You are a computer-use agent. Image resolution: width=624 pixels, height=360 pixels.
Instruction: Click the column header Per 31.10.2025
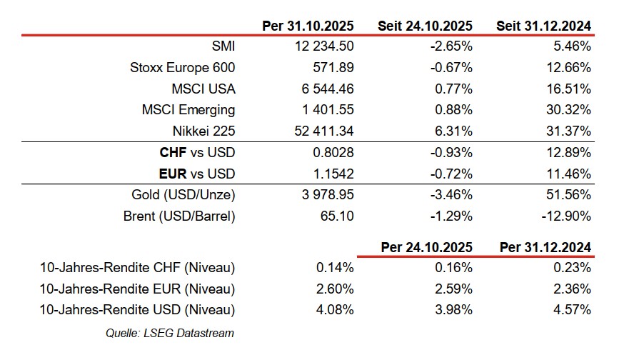308,26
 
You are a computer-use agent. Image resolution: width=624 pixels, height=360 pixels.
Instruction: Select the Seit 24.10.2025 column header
425,26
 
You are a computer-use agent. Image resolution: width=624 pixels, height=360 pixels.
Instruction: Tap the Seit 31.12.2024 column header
543,26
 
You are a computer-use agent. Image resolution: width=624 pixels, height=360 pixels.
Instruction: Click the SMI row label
223,46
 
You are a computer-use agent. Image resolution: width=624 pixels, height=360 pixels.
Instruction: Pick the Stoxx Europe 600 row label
182,68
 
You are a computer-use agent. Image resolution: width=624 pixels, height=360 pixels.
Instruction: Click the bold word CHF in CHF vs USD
175,153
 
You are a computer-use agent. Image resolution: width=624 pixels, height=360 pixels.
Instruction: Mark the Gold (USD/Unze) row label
183,195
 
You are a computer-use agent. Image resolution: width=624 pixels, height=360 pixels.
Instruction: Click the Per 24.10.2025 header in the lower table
427,247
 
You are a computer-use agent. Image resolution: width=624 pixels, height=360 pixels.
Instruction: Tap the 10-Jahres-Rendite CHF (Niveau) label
138,268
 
